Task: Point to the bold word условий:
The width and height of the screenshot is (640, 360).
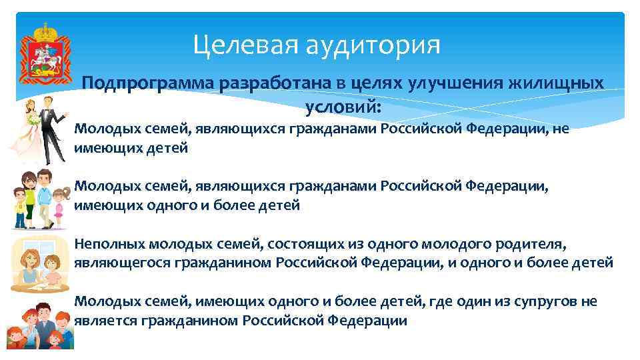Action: [x=343, y=106]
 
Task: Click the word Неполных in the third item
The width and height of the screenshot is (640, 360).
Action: [x=110, y=244]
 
